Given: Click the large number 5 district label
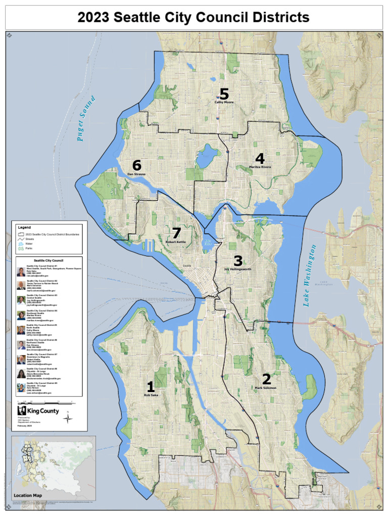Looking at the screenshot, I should click(223, 94).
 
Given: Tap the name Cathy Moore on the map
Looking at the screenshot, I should click(224, 102).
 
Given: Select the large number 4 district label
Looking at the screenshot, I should click(260, 159).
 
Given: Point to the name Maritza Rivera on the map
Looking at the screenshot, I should click(260, 167).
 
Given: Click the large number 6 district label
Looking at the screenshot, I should click(136, 165).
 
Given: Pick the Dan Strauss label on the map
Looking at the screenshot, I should click(136, 174).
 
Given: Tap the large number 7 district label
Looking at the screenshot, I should click(176, 233).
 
